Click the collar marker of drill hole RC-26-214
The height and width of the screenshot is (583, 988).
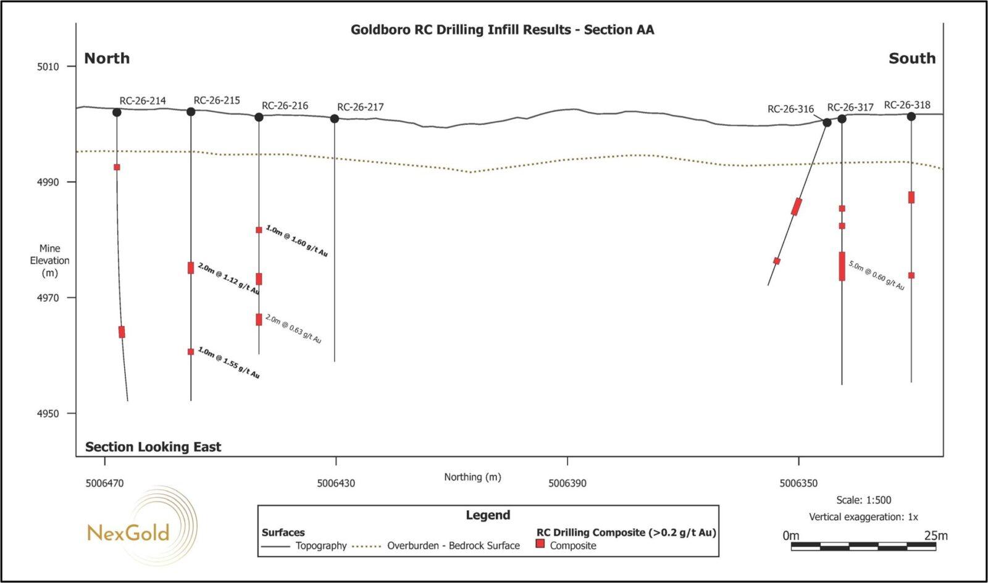(x=117, y=112)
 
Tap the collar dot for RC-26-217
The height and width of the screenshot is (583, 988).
(x=334, y=119)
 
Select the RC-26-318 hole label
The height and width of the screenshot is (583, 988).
(x=907, y=105)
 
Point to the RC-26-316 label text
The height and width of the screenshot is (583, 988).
(x=791, y=109)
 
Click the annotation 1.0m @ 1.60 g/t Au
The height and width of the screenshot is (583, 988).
(x=297, y=241)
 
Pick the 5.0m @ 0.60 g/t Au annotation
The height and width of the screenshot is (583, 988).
(x=876, y=275)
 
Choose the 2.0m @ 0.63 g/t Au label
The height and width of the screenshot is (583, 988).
(x=293, y=329)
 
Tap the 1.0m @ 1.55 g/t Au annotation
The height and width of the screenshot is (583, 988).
(x=228, y=363)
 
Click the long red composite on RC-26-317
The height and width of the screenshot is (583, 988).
(x=842, y=266)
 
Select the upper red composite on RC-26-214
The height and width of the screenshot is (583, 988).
(x=117, y=167)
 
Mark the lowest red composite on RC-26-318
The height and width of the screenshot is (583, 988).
(x=911, y=275)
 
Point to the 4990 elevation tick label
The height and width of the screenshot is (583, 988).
(x=48, y=182)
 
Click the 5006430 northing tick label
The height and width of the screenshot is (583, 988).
(x=336, y=484)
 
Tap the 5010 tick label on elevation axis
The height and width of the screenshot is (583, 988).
(x=48, y=67)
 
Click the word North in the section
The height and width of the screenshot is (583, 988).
(x=107, y=58)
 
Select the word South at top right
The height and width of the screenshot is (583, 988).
(x=912, y=58)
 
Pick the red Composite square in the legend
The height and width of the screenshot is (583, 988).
(x=540, y=543)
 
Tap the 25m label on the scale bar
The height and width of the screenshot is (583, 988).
(x=936, y=536)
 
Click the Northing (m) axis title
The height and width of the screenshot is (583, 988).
(x=472, y=477)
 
